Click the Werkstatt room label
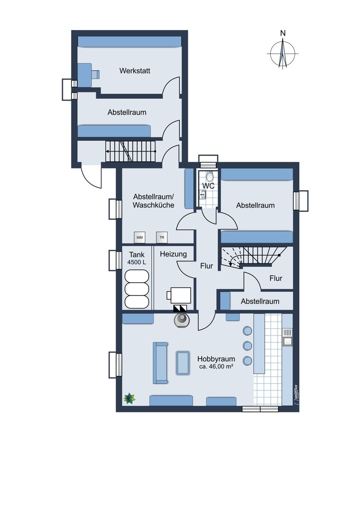pyautogui.click(x=135, y=71)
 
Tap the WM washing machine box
pyautogui.click(x=140, y=238)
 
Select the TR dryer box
pyautogui.click(x=162, y=238)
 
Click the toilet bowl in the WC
pyautogui.click(x=209, y=176)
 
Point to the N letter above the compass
pyautogui.click(x=283, y=34)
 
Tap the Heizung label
pyautogui.click(x=173, y=254)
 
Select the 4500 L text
pyautogui.click(x=137, y=262)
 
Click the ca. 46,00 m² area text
pyautogui.click(x=216, y=366)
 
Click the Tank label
pyautogui.click(x=137, y=255)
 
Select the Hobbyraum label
pyautogui.click(x=216, y=359)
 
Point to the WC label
pyautogui.click(x=208, y=186)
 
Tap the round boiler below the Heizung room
pyautogui.click(x=181, y=321)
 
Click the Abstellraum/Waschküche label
pyautogui.click(x=154, y=201)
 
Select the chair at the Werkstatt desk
pyautogui.click(x=96, y=74)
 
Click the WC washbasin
pyautogui.click(x=203, y=195)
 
